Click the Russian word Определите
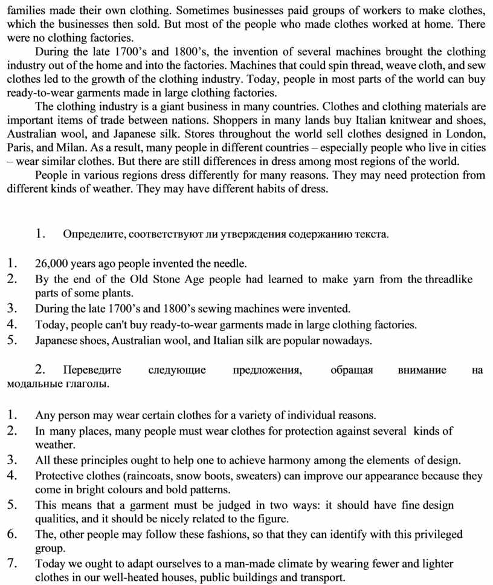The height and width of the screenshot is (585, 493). pos(90,234)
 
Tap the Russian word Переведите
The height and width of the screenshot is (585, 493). pos(92,370)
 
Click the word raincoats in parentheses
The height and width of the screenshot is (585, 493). pos(147,476)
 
